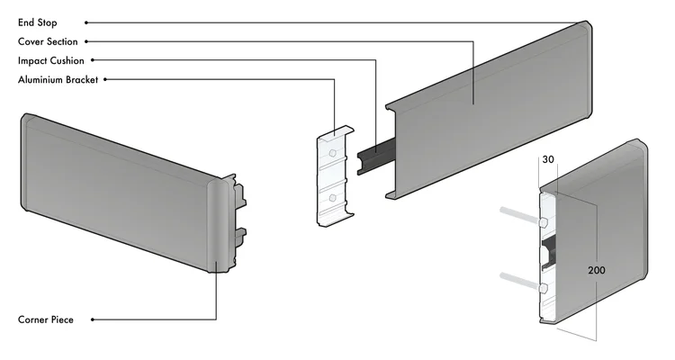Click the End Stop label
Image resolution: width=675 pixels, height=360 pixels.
38,22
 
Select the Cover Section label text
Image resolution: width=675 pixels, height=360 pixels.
48,41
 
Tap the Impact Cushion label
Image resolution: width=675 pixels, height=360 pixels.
51,60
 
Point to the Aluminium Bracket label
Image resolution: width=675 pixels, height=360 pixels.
58,80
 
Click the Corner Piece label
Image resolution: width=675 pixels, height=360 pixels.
46,319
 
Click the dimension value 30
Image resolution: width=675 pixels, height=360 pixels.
548,159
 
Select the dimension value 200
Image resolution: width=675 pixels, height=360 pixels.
597,270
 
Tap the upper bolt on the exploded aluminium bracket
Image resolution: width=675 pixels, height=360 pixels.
332,153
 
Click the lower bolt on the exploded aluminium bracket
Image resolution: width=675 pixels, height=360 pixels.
332,198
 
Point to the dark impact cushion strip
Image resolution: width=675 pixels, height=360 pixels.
376,156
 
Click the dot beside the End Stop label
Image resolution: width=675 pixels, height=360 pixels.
86,22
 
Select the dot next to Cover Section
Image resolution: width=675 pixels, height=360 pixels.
86,41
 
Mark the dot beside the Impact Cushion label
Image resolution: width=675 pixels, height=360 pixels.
93,60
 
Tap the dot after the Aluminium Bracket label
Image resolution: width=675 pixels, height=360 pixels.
105,79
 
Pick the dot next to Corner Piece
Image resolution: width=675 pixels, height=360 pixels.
93,319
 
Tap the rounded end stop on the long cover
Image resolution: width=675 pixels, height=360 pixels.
585,69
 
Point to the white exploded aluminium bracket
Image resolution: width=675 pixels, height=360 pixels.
336,175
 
